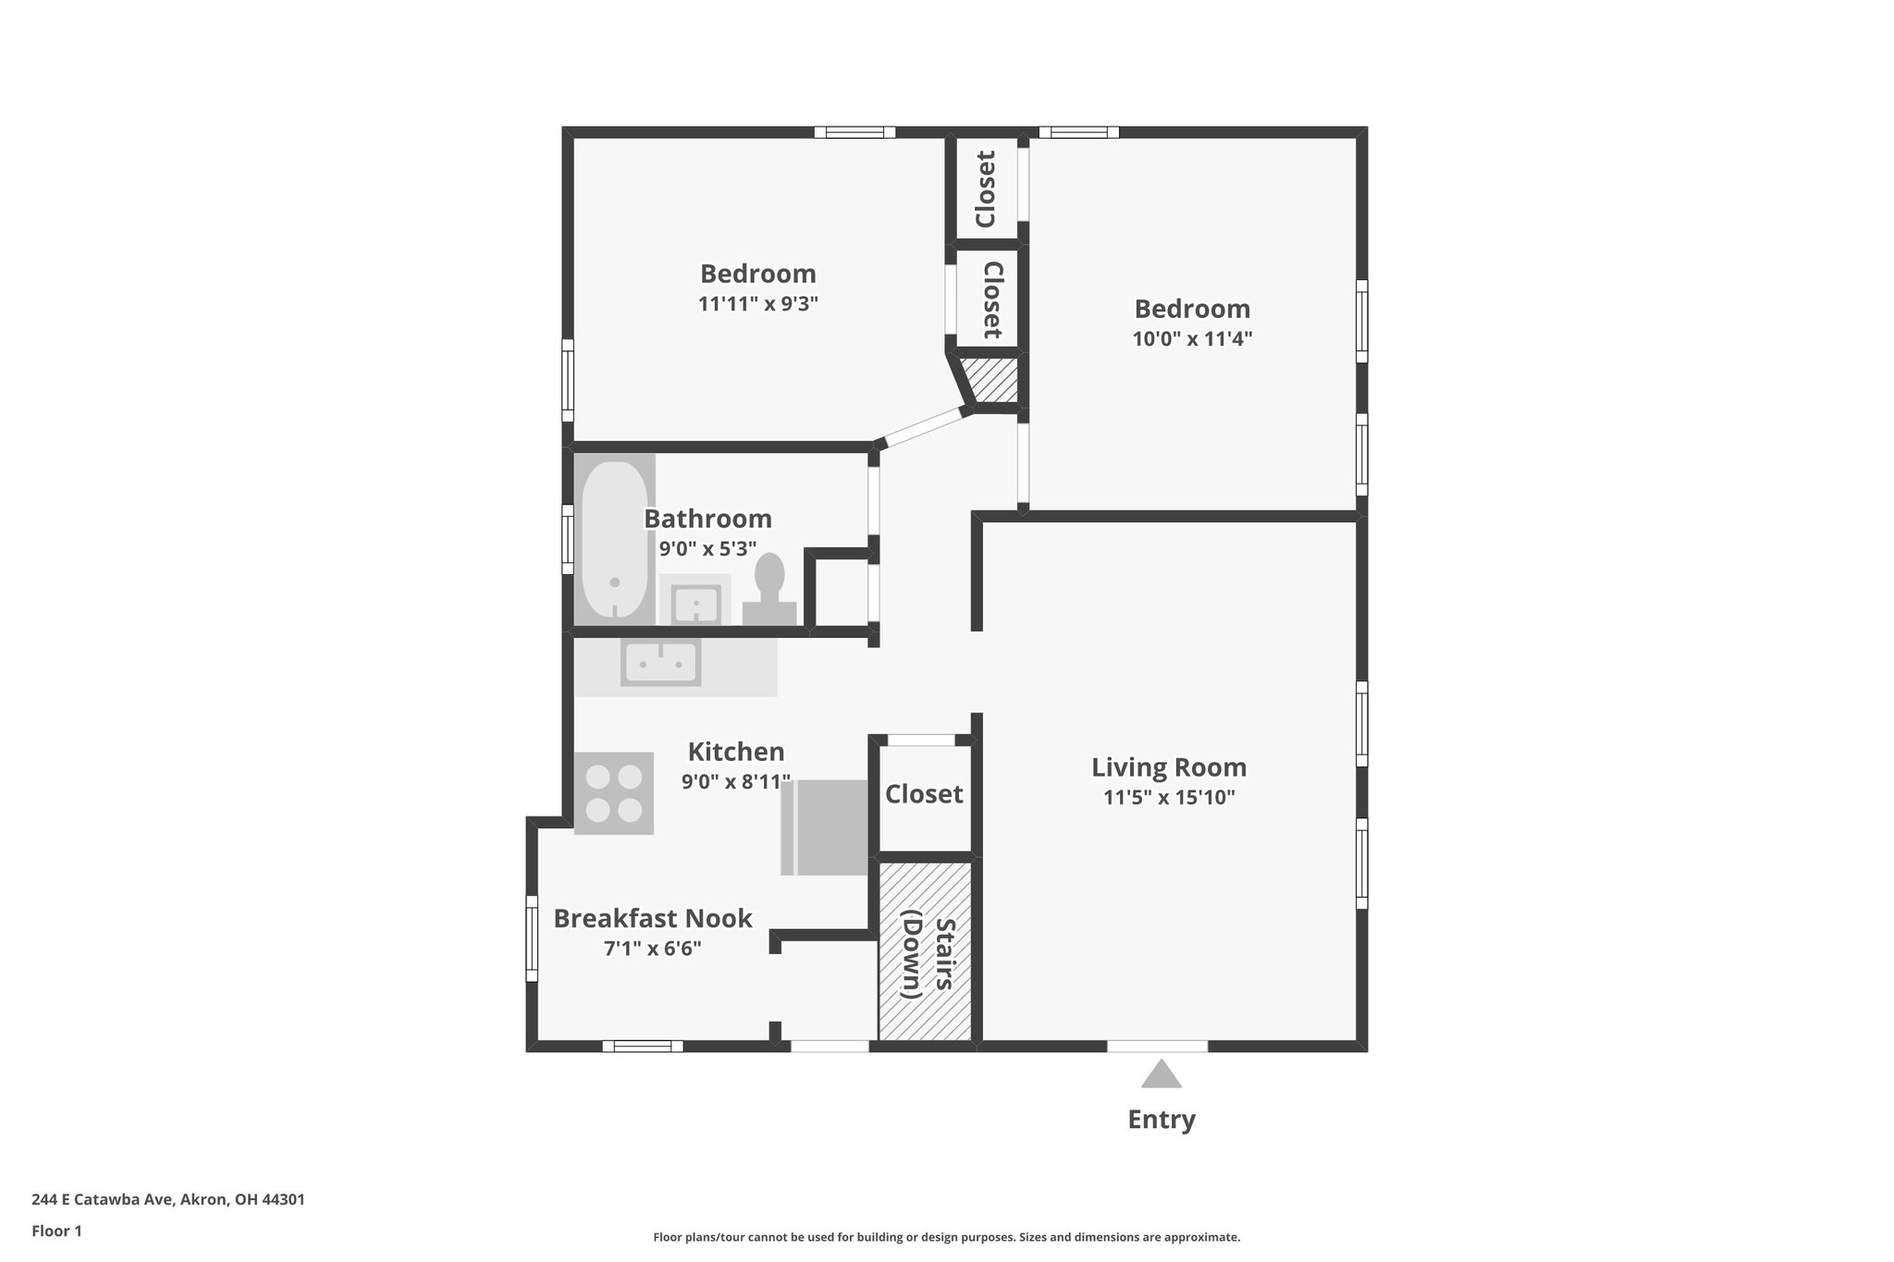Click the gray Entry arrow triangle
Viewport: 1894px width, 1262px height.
click(x=1161, y=1074)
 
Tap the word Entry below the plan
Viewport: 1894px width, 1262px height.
click(x=1161, y=1120)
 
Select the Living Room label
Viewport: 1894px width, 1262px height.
click(x=1169, y=767)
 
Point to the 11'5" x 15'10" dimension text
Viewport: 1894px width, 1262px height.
click(x=1169, y=797)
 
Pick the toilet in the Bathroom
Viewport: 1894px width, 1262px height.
click(x=769, y=591)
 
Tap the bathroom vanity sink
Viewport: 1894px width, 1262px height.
click(x=694, y=601)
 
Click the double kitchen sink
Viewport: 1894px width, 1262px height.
click(x=660, y=662)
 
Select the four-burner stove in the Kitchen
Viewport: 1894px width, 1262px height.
click(x=614, y=793)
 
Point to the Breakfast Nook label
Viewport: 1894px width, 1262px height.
click(x=653, y=919)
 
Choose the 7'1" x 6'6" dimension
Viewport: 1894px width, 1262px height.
click(x=653, y=949)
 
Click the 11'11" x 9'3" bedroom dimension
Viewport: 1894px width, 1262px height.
click(x=758, y=303)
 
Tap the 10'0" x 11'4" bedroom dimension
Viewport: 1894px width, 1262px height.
click(x=1192, y=338)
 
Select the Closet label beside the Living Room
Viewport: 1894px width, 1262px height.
click(x=924, y=794)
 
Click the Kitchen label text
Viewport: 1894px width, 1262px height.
click(x=736, y=752)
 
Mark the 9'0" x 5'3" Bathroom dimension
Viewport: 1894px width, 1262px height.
click(x=707, y=549)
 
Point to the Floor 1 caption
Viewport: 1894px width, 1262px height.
click(x=56, y=1231)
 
